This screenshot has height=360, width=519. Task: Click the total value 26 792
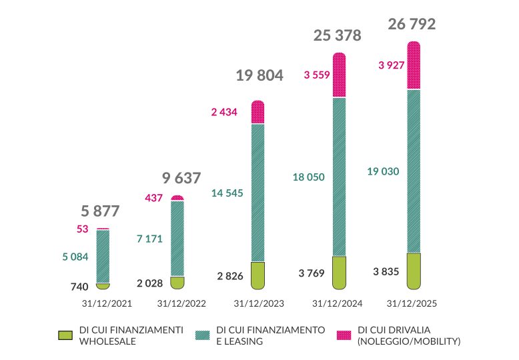pos(412,25)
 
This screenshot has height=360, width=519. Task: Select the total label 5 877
pos(100,212)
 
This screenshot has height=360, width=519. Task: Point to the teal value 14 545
pos(227,194)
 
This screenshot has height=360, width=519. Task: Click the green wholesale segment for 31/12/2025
pos(414,271)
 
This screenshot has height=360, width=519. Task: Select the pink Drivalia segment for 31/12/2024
pos(339,75)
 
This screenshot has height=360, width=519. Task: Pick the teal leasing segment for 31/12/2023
pos(257,192)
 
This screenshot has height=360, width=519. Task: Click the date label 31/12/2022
pos(181,303)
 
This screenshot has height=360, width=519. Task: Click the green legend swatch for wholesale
pos(65,335)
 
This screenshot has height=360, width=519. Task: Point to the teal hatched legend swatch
pos(204,335)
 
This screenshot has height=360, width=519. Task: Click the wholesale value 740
pos(80,287)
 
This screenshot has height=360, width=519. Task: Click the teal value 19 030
pos(383,171)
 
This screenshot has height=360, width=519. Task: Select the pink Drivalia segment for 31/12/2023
pos(257,112)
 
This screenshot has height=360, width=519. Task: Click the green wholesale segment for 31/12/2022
pos(177,283)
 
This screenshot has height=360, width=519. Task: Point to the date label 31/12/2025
pos(412,303)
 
